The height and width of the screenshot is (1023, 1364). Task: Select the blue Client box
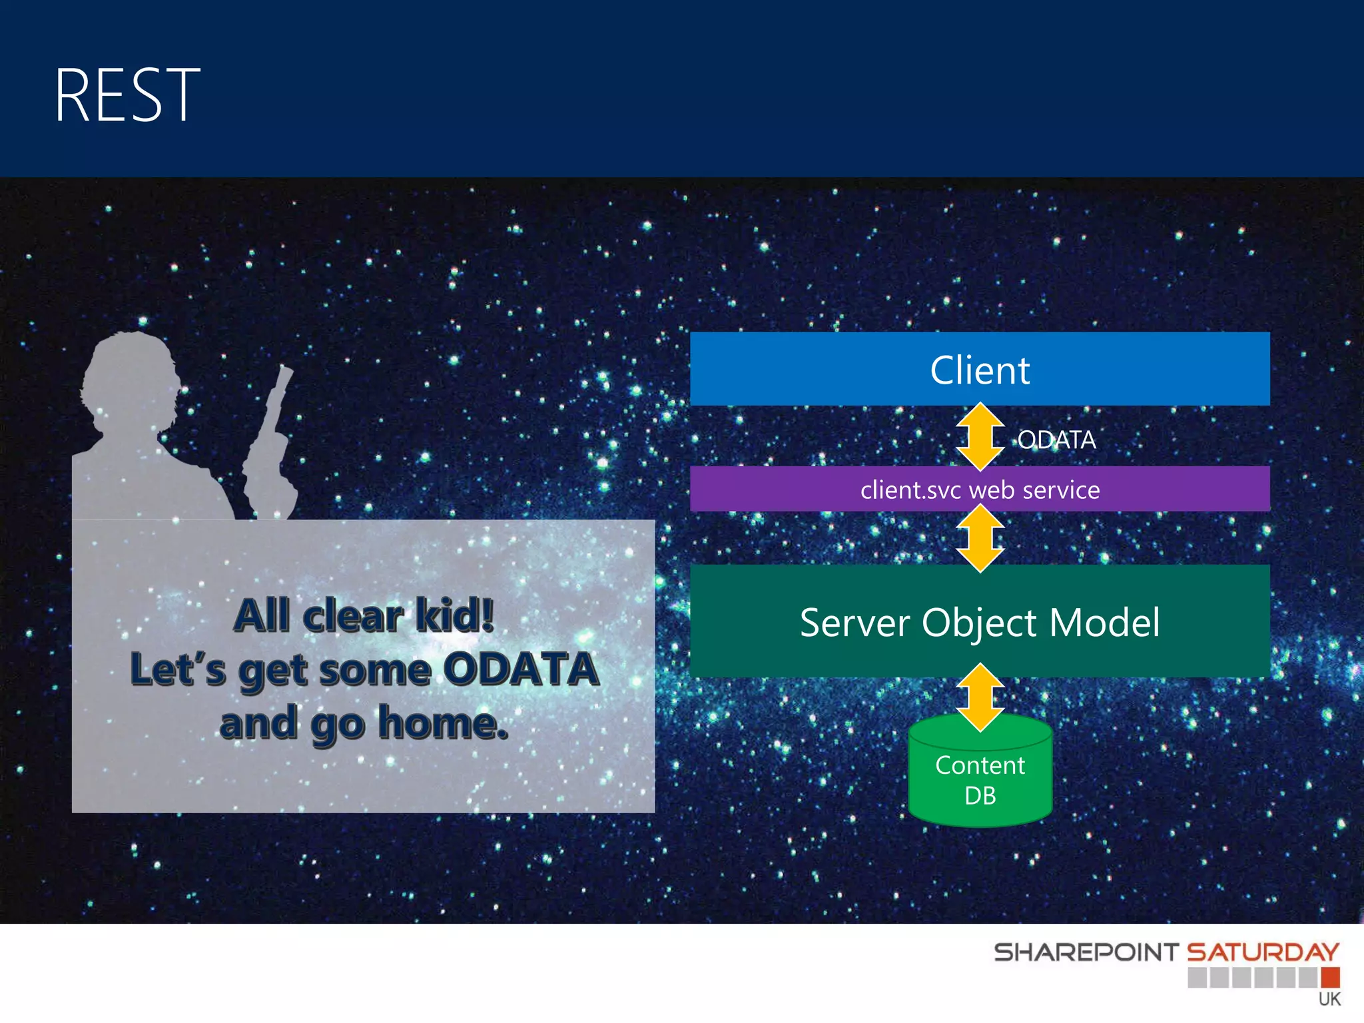click(980, 369)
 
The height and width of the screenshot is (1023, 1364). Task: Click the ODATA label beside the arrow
click(1056, 440)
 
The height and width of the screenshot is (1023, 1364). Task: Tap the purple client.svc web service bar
click(980, 490)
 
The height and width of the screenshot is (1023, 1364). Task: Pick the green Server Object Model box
click(980, 621)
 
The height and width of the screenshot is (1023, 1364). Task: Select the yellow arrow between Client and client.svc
click(980, 436)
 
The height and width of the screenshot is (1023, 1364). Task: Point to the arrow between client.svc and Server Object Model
click(980, 538)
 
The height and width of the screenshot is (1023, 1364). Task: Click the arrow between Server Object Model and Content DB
click(980, 697)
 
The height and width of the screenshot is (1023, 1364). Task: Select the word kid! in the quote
click(454, 615)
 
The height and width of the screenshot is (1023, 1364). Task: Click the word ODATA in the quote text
click(521, 669)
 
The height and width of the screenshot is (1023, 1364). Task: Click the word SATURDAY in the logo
click(1263, 952)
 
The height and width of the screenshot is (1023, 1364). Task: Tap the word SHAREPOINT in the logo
click(1086, 952)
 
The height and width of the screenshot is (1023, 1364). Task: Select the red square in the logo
click(1330, 977)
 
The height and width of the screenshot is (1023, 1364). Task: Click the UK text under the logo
click(1329, 999)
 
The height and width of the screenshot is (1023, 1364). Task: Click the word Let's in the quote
click(178, 669)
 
